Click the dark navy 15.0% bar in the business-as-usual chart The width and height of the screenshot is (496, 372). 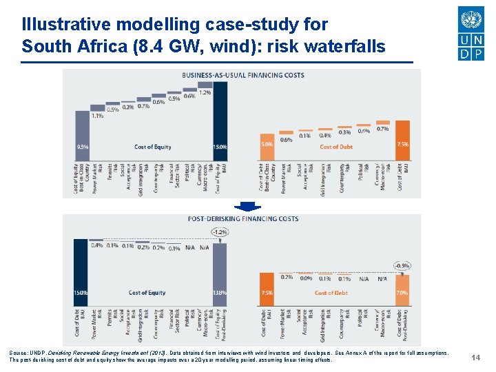(x=220, y=121)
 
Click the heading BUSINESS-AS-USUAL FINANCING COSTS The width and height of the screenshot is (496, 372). (x=242, y=74)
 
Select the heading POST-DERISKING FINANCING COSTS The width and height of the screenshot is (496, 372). (x=243, y=218)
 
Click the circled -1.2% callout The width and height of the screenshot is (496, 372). (x=220, y=232)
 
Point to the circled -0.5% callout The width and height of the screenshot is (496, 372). (x=402, y=265)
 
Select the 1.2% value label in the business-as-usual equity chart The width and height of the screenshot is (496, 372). (x=205, y=92)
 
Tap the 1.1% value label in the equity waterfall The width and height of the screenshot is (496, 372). (x=97, y=116)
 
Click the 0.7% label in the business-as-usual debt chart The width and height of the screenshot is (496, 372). (x=382, y=129)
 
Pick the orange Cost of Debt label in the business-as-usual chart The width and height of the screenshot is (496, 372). (x=336, y=147)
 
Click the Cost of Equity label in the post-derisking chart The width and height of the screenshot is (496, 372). (x=147, y=293)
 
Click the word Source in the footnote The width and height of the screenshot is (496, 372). (x=19, y=352)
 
